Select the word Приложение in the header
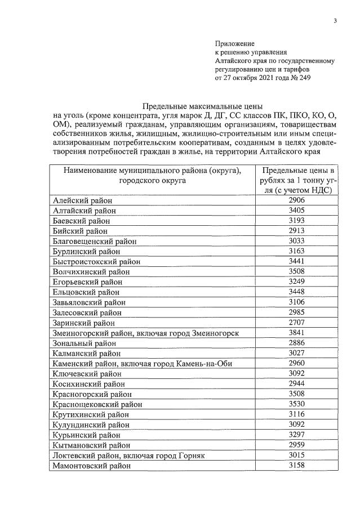(235, 43)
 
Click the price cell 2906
(296, 200)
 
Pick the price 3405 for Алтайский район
(296, 211)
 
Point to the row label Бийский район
(81, 231)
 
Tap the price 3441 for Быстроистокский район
(296, 261)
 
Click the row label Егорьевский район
(86, 282)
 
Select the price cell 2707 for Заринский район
(296, 323)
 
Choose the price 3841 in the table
(296, 333)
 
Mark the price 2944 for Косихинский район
(296, 384)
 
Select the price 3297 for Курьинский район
(296, 435)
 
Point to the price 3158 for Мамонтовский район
(296, 466)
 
